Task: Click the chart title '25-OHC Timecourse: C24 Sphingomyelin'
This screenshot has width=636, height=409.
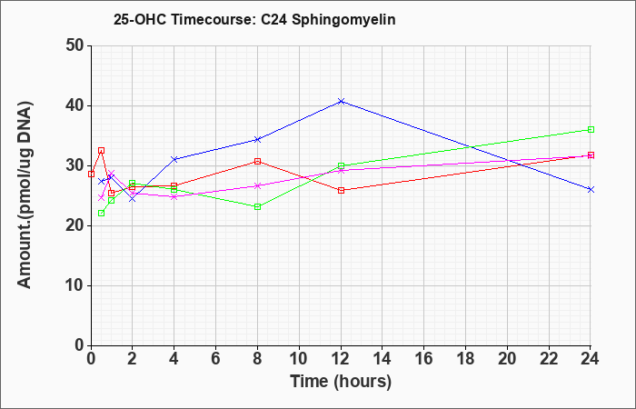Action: (254, 19)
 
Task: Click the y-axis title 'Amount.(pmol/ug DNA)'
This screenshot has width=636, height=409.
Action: (25, 195)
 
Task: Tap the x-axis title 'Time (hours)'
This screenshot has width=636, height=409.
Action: (341, 382)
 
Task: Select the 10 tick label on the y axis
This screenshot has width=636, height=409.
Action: (75, 285)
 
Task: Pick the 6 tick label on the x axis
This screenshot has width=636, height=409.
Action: (216, 359)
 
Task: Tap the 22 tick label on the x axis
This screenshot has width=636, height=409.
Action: (549, 359)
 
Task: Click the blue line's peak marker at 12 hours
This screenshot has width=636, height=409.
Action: (341, 101)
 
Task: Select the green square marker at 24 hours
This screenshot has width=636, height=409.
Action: (591, 129)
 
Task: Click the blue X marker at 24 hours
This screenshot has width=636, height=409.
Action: (591, 189)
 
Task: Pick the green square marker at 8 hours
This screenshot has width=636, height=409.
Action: (257, 206)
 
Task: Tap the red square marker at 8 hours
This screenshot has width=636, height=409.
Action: (257, 161)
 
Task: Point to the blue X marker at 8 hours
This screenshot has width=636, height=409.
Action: (257, 140)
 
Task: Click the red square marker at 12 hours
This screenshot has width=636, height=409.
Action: (341, 190)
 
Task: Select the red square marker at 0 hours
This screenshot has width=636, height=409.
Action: (91, 175)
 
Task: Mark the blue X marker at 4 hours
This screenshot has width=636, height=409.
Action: (174, 159)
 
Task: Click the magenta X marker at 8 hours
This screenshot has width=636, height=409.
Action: (257, 185)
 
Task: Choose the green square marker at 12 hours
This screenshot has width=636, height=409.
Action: (341, 165)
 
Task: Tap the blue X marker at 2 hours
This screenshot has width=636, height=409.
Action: (133, 199)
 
